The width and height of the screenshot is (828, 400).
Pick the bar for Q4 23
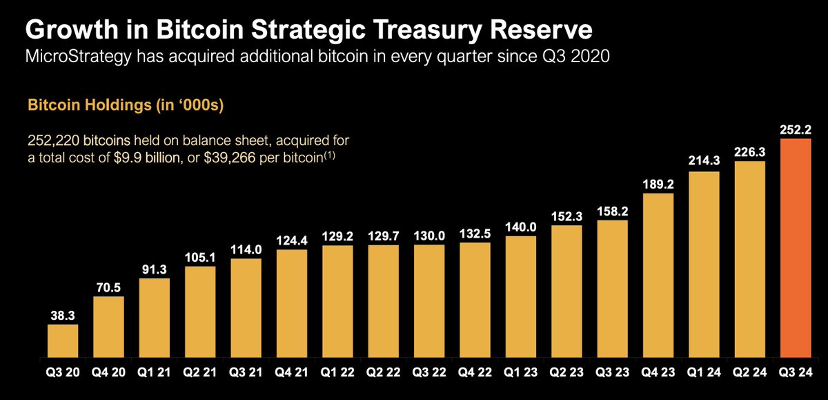(x=658, y=276)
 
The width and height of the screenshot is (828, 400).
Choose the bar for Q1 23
(x=521, y=297)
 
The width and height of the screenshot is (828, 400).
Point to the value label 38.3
(x=63, y=315)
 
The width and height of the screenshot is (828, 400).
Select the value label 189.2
(x=658, y=184)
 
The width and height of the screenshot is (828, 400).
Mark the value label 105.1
(x=200, y=257)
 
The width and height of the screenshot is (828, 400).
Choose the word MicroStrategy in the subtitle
(x=79, y=57)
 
